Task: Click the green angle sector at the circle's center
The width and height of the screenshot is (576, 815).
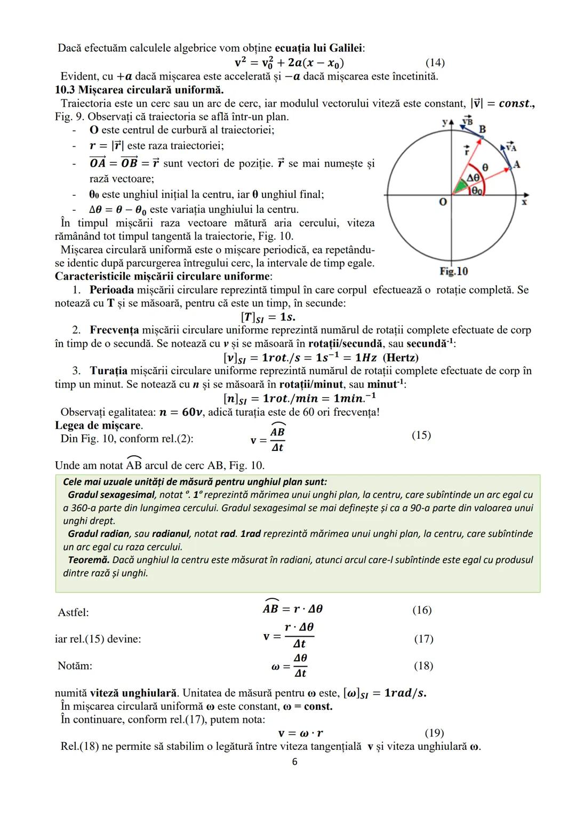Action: pyautogui.click(x=459, y=187)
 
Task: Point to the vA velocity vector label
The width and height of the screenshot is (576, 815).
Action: pyautogui.click(x=510, y=147)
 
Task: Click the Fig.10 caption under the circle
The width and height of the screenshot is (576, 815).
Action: pyautogui.click(x=454, y=271)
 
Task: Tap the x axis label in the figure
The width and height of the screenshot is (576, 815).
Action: pyautogui.click(x=524, y=202)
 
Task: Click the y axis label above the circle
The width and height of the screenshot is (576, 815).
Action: pyautogui.click(x=445, y=122)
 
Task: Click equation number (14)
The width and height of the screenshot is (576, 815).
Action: pyautogui.click(x=435, y=63)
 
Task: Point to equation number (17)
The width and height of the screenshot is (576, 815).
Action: pyautogui.click(x=424, y=638)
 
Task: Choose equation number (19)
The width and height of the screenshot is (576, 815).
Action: pyautogui.click(x=434, y=733)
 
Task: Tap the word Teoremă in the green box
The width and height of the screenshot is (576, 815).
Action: pyautogui.click(x=89, y=560)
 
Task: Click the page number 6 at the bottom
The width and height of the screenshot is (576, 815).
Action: pyautogui.click(x=295, y=762)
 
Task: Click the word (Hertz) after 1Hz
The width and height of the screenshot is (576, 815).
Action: pyautogui.click(x=401, y=358)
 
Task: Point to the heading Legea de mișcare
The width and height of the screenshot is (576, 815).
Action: pyautogui.click(x=99, y=425)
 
